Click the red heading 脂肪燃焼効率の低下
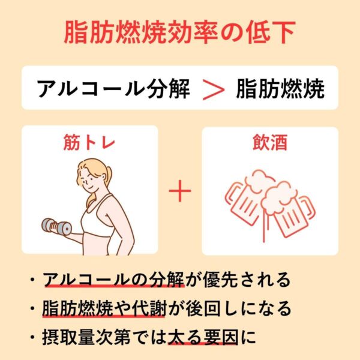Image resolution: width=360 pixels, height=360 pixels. coord(179,32)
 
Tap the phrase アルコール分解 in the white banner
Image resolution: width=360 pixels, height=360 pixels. coord(113,89)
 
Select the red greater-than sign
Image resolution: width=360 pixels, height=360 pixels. coord(214,89)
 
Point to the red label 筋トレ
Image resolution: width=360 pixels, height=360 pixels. coord(89,142)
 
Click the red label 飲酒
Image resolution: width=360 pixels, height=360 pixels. coord(270,142)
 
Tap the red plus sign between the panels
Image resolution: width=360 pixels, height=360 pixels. coord(180,191)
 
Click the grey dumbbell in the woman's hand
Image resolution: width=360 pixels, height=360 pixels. coord(56,226)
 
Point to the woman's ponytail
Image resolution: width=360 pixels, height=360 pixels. coord(104,181)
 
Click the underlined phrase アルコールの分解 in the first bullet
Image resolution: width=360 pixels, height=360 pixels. coord(114,280)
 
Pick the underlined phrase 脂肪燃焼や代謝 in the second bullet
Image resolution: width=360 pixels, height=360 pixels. coord(104,308)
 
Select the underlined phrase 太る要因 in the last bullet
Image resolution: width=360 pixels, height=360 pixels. coord(203,337)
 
